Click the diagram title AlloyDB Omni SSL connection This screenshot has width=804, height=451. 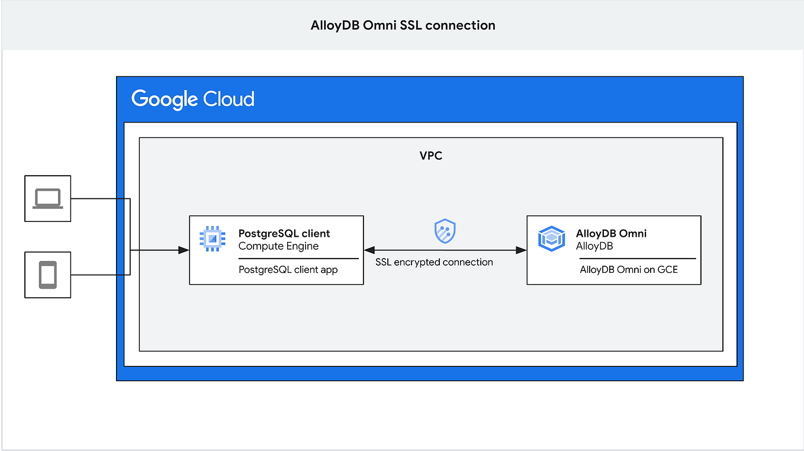click(403, 25)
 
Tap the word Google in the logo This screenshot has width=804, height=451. click(163, 99)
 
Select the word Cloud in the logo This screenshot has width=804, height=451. click(229, 98)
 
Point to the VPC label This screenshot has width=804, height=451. click(430, 156)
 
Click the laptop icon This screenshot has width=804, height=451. click(47, 198)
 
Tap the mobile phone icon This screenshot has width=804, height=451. click(47, 275)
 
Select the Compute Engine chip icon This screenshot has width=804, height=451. click(212, 239)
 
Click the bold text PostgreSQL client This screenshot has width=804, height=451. click(284, 233)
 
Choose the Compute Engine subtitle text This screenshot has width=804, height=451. click(278, 246)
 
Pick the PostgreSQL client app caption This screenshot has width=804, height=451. click(288, 270)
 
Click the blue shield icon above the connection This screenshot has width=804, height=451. click(445, 231)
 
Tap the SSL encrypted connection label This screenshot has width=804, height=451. click(434, 262)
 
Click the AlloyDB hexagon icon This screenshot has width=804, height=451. click(551, 239)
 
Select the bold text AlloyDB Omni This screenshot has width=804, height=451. click(611, 233)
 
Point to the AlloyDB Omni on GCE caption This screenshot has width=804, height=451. click(629, 270)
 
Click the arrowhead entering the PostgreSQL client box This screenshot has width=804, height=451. click(184, 250)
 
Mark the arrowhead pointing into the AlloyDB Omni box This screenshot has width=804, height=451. click(522, 250)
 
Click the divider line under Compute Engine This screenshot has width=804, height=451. click(298, 259)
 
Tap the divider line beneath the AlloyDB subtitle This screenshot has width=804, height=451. click(637, 259)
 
